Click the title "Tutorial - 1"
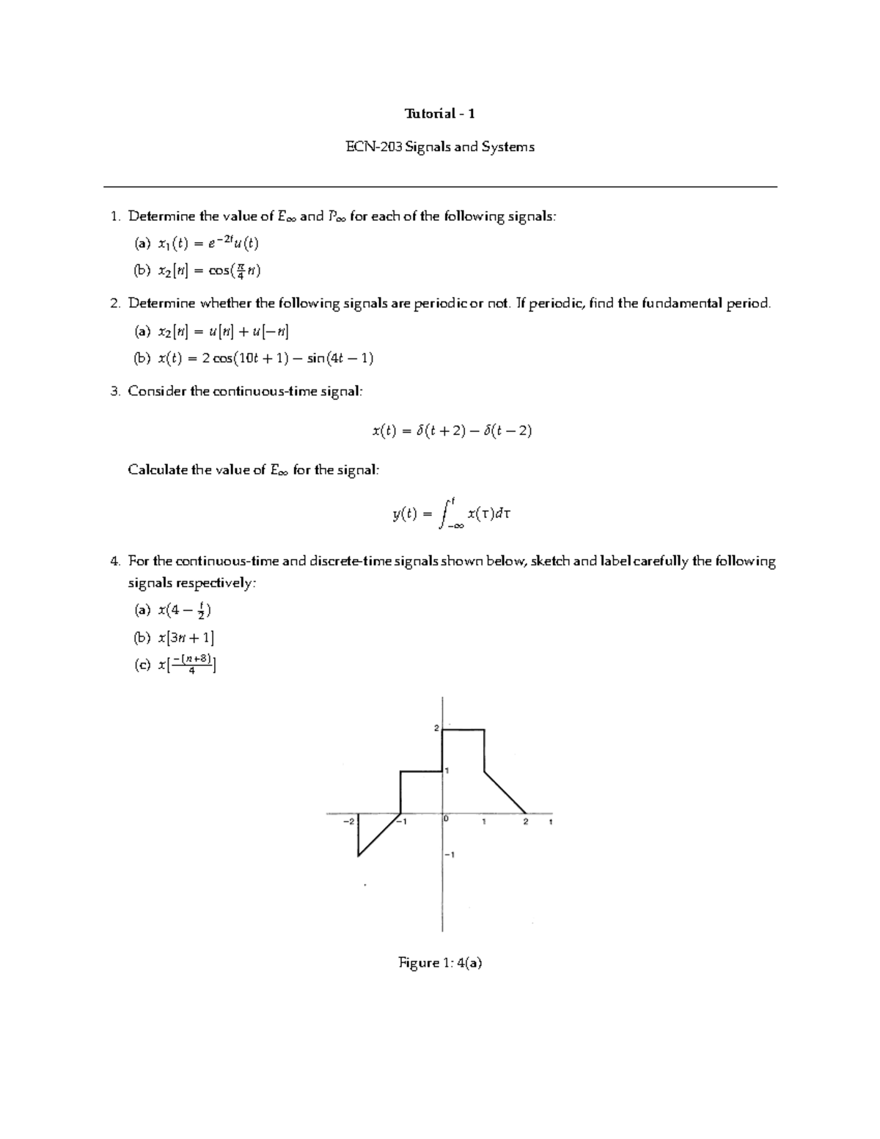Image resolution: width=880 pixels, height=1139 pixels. (x=440, y=114)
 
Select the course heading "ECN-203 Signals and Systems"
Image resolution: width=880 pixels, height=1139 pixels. (x=440, y=147)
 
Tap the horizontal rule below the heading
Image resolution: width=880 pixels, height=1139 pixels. (x=440, y=187)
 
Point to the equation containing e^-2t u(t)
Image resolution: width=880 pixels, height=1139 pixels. (x=208, y=243)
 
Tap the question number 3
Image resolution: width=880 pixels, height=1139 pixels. (x=114, y=392)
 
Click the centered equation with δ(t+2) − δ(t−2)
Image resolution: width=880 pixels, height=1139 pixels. (x=452, y=431)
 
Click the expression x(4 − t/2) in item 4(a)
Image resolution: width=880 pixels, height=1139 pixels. (x=184, y=610)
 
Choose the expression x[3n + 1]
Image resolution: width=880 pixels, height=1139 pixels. (x=186, y=637)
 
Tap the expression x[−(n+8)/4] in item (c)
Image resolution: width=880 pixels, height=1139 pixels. (x=186, y=665)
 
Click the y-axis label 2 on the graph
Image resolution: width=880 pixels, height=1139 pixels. (x=436, y=728)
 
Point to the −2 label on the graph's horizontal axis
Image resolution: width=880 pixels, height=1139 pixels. (x=348, y=821)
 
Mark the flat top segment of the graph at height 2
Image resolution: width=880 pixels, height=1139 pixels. (x=463, y=730)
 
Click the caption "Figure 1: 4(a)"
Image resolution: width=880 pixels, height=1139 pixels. (x=440, y=963)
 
